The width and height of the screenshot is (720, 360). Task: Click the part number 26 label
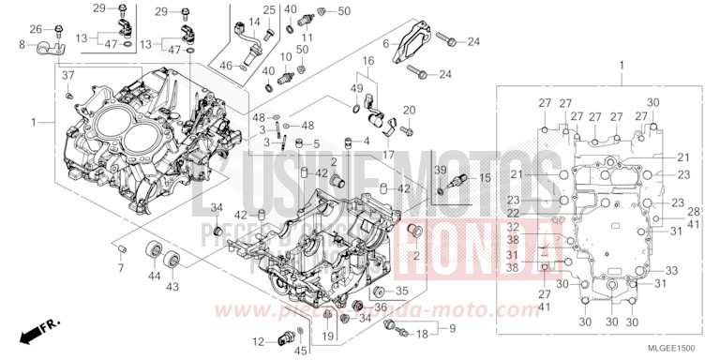pos(36,29)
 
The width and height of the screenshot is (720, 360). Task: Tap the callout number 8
pos(21,44)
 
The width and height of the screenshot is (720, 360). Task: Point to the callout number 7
pos(120,268)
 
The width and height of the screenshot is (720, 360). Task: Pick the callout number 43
pos(172,285)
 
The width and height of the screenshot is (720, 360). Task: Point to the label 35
pos(401,291)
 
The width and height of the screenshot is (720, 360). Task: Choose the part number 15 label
pos(458,178)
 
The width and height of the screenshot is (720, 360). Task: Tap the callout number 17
pos(388,155)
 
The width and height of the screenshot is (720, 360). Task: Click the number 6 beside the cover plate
pos(385,44)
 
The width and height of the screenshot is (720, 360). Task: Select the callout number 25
pos(268,10)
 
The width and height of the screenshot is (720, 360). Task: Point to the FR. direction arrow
pos(37,329)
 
